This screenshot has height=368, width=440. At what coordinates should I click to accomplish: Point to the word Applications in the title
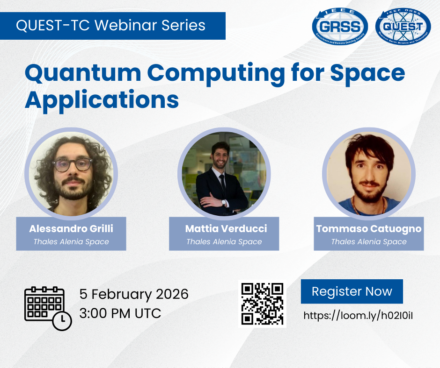(102, 99)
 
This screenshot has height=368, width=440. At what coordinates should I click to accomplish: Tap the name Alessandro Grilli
(71, 228)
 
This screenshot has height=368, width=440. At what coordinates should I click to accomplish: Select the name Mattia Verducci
(226, 228)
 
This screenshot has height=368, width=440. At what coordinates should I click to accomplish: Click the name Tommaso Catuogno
(369, 229)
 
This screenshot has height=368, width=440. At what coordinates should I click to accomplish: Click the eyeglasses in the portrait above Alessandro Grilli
(73, 165)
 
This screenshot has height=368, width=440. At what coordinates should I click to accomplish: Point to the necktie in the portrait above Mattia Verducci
(222, 184)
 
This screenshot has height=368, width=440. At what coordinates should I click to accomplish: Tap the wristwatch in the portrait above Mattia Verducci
(224, 202)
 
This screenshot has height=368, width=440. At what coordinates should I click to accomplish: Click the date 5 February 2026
(134, 294)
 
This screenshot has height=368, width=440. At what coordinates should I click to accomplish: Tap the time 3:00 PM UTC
(120, 313)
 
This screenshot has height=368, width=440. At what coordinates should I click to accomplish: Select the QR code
(262, 304)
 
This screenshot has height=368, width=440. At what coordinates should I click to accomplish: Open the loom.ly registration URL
(358, 316)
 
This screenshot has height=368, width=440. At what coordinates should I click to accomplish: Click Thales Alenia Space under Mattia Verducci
(224, 241)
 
